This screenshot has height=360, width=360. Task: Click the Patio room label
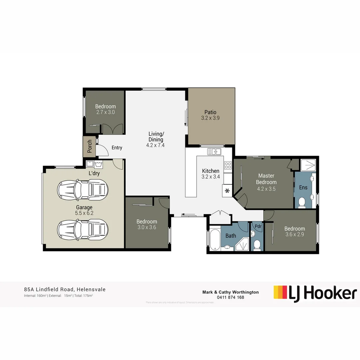pyautogui.click(x=210, y=112)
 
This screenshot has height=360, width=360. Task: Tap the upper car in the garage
pyautogui.click(x=83, y=189)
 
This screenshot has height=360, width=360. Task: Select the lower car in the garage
pyautogui.click(x=83, y=229)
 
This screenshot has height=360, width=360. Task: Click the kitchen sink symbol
pyautogui.click(x=214, y=152)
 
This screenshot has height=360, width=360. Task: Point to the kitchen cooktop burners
pyautogui.click(x=228, y=165)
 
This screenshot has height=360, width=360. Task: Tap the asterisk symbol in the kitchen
pyautogui.click(x=227, y=191)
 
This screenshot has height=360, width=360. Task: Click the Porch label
pyautogui.click(x=90, y=146)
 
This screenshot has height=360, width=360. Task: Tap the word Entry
pyautogui.click(x=117, y=148)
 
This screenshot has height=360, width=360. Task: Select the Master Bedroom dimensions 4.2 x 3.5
pyautogui.click(x=266, y=189)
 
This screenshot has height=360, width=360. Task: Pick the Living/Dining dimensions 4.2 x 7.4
pyautogui.click(x=155, y=145)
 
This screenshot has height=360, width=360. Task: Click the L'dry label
pyautogui.click(x=94, y=173)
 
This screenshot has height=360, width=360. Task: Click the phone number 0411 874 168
pyautogui.click(x=230, y=297)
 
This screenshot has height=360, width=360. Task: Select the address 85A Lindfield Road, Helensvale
pyautogui.click(x=65, y=289)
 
